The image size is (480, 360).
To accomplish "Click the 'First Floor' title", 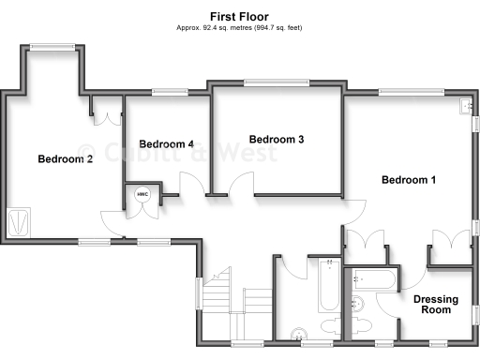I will click(239, 16).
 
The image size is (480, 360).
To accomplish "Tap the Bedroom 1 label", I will click(408, 179).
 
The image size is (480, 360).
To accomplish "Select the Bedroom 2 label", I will click(65, 159).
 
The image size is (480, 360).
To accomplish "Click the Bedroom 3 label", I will click(276, 140).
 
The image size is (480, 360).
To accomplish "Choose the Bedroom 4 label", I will click(166, 144).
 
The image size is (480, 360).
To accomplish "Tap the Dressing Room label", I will click(436, 306).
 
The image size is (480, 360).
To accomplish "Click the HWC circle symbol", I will click(142, 195).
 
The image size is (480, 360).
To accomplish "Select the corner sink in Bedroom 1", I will click(466, 108).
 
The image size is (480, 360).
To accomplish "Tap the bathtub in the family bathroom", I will click(329, 284).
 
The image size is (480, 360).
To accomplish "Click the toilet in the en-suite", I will click(361, 304).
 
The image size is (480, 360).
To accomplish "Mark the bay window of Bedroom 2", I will click(51, 46).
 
